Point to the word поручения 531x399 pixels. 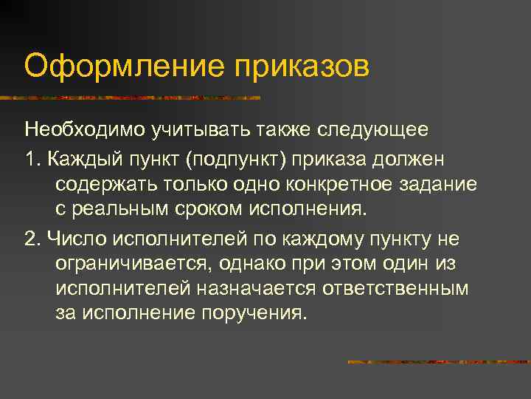(x=251, y=313)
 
